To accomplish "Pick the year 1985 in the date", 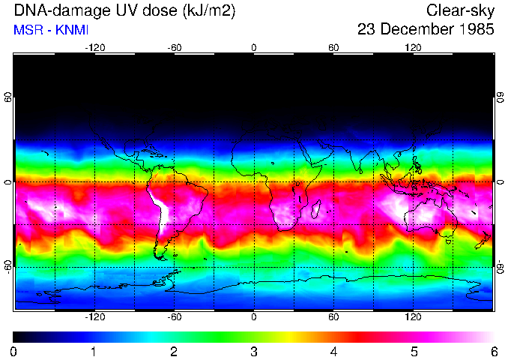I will (477, 30).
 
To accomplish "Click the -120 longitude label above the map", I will (94, 47).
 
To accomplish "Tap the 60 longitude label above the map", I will (333, 47).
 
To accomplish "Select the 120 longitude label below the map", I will (413, 317).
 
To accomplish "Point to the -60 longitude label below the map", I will (175, 317).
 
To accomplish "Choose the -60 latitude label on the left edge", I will (8, 266).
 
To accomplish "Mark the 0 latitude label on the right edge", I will (500, 181).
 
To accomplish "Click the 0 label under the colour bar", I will (14, 351).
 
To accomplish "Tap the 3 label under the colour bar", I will (253, 351).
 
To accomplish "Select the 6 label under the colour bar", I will (493, 351).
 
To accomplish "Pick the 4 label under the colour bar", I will (333, 351).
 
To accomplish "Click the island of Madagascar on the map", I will (316, 208).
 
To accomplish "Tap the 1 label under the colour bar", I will (94, 351).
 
